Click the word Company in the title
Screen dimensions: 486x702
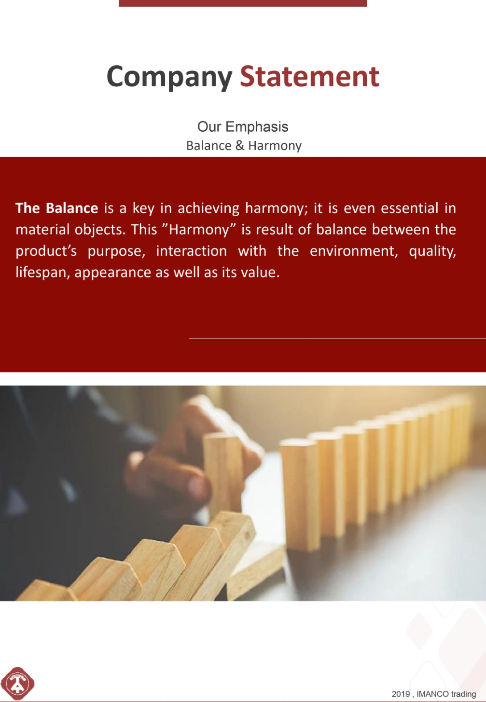click(x=169, y=77)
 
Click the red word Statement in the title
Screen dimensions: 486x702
click(x=309, y=76)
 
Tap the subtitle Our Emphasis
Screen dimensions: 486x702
click(x=243, y=127)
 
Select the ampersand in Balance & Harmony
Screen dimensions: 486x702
click(x=240, y=145)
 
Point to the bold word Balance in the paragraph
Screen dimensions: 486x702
click(x=72, y=208)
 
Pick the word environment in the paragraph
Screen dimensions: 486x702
click(x=354, y=251)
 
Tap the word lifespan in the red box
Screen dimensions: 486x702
click(x=43, y=273)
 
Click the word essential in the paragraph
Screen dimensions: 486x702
click(x=409, y=208)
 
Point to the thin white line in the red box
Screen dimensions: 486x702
click(x=337, y=338)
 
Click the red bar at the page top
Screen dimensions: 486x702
click(x=243, y=3)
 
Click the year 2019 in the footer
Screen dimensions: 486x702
click(x=401, y=694)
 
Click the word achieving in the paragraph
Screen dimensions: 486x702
click(x=208, y=208)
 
